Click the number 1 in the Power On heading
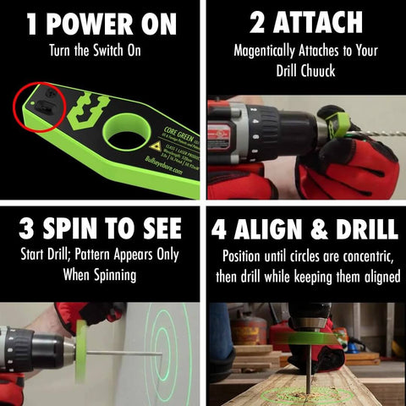tap(31, 24)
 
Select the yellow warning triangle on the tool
tap(156, 145)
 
